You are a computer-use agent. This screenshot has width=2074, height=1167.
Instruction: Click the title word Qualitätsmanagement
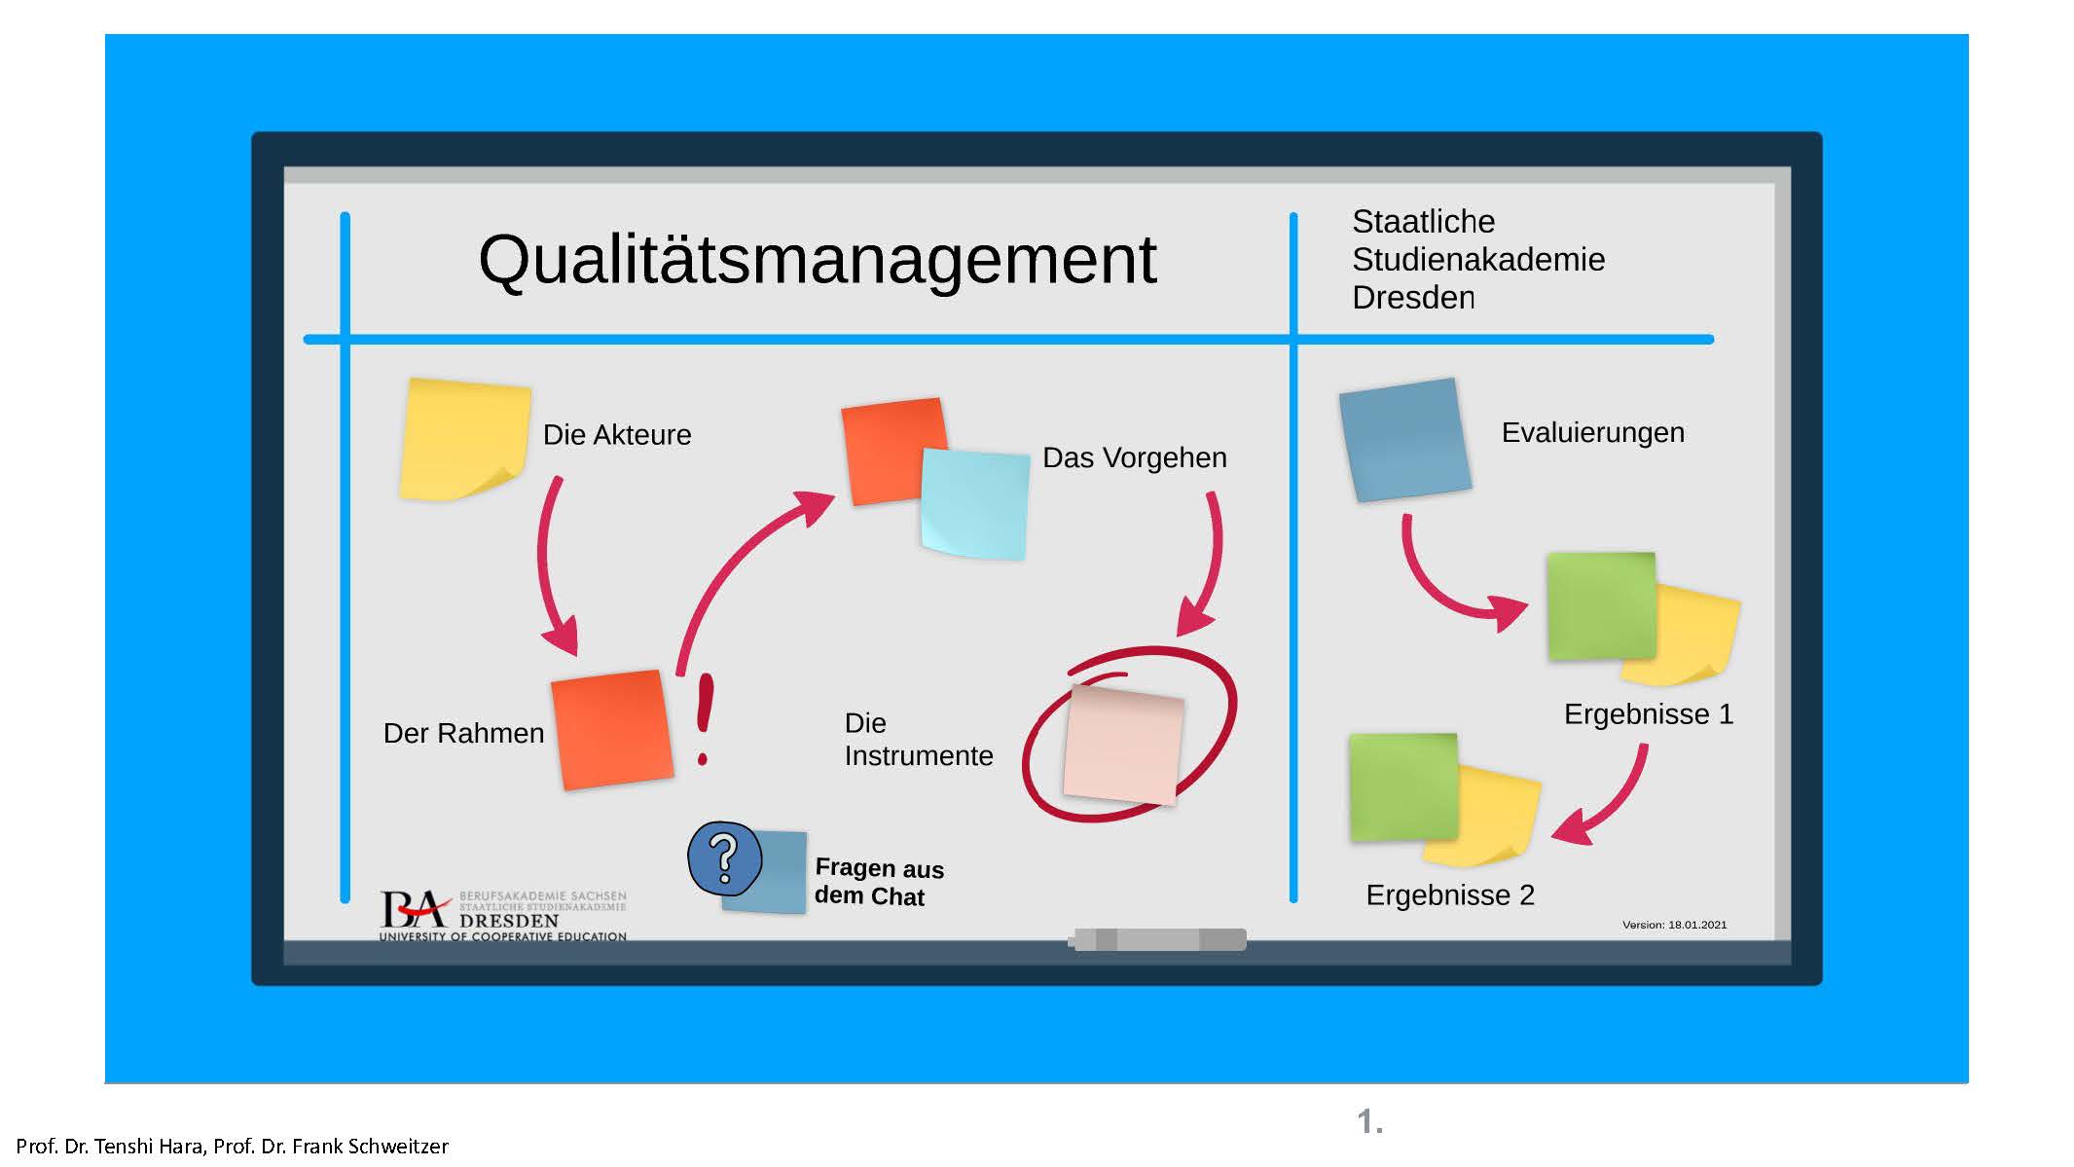pos(817,261)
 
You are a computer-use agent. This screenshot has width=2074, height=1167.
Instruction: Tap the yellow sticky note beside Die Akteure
pos(464,440)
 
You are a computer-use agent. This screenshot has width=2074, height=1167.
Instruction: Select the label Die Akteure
pos(617,434)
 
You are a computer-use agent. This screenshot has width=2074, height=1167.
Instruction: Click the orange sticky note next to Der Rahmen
pos(612,730)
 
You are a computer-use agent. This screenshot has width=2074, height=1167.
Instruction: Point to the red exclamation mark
pos(705,718)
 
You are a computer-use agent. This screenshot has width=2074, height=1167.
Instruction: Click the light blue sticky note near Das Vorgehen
pos(975,503)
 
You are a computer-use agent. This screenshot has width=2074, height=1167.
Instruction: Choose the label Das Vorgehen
pos(1134,457)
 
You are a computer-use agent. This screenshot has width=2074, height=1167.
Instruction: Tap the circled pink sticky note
pos(1124,745)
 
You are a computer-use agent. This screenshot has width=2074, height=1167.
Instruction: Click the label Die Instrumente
pos(918,739)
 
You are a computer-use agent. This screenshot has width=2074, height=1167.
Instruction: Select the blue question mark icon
pos(724,858)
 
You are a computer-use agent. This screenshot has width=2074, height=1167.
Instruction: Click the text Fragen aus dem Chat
pos(879,882)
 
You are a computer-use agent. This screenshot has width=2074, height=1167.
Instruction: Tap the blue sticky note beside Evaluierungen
pos(1404,440)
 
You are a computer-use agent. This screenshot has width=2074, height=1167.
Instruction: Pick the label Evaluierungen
pos(1592,432)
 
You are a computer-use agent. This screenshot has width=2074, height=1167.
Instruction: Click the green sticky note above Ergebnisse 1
pos(1601,606)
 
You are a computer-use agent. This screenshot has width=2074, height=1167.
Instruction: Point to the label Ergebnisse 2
pos(1449,894)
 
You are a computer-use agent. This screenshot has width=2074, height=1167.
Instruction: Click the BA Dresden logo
pos(502,915)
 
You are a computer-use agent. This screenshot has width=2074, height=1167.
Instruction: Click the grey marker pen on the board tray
pos(1157,939)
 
